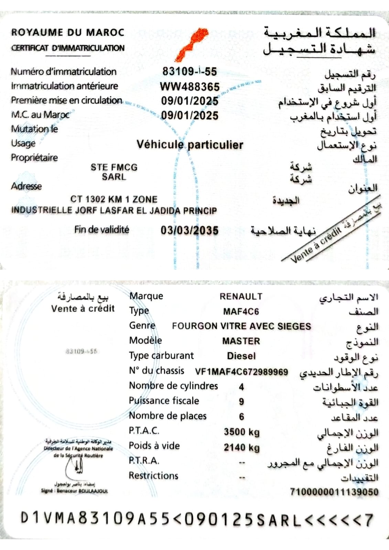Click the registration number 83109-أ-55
190,72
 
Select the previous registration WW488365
190,86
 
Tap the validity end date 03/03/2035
190,230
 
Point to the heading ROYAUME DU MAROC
68,32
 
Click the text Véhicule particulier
190,145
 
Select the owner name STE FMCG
114,167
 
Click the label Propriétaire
34,158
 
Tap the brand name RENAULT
241,296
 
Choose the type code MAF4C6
241,312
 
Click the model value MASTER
241,341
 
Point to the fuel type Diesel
241,356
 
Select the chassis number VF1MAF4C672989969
241,372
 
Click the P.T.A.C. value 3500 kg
241,432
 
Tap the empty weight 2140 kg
241,447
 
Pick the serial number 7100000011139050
334,492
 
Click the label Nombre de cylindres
173,386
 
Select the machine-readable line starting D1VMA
196,519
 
